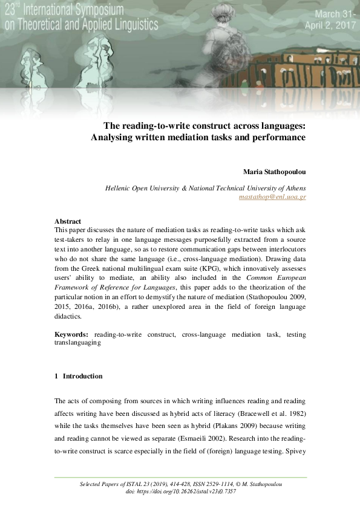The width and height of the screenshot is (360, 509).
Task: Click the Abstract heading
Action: [x=68, y=221]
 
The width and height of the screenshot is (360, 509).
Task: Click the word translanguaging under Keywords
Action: [x=77, y=343]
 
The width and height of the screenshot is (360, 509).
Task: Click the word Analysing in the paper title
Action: [x=116, y=137]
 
